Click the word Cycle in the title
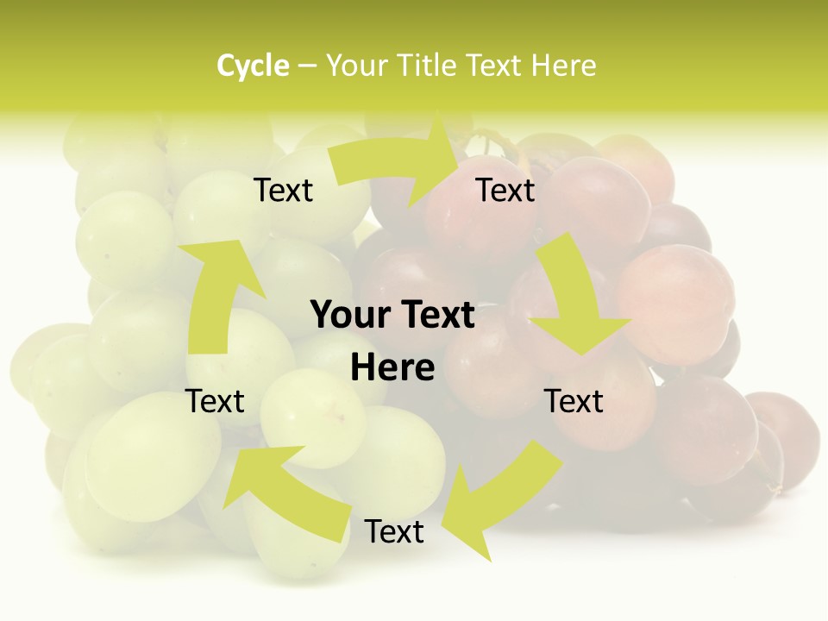[253, 66]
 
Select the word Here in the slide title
[563, 66]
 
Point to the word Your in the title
[357, 66]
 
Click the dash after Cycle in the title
[307, 66]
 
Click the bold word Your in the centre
[349, 316]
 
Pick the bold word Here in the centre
[392, 368]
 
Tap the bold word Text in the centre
[436, 316]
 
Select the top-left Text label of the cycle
[283, 191]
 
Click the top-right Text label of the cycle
[505, 191]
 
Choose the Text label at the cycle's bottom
[394, 532]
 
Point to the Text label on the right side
[574, 401]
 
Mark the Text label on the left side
[216, 401]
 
